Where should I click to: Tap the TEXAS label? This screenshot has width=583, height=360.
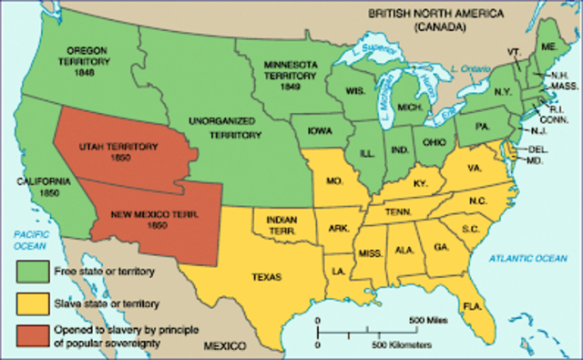265,277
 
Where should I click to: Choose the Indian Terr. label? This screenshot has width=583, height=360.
284,224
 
